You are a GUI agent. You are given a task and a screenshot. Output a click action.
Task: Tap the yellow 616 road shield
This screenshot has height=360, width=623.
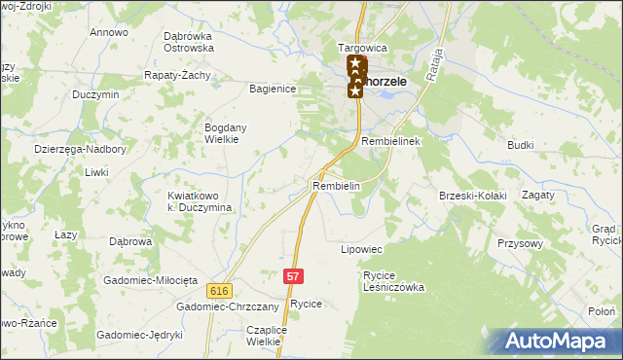coord(218,290)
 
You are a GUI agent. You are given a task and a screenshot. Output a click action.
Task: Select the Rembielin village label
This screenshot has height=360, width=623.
coord(337,186)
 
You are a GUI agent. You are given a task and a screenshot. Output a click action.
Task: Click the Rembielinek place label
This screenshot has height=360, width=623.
coord(389,142)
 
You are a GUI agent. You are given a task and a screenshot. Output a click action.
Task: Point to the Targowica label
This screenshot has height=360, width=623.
coord(362,48)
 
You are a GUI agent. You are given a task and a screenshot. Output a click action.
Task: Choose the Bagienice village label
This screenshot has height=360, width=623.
coord(273,89)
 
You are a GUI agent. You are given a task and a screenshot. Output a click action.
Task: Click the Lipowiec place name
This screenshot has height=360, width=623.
coord(360,249)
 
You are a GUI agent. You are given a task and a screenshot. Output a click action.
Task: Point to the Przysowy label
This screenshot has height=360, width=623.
coord(519,244)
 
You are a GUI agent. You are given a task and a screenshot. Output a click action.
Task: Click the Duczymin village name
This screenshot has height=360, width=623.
coord(95,95)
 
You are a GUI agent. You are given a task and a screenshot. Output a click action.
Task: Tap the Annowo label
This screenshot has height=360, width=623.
coord(109,33)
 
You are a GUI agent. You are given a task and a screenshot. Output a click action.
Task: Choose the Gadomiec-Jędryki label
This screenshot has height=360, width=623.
coord(139,335)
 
